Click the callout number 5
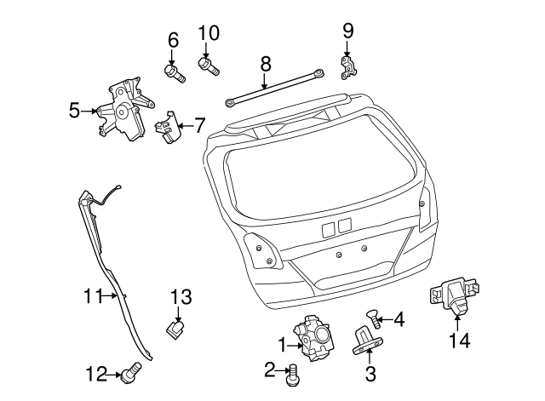[74, 109]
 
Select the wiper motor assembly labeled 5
[123, 109]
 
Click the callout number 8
[265, 62]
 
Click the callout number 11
[94, 296]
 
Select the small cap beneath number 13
[177, 328]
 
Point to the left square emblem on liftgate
[328, 227]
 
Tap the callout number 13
[181, 297]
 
